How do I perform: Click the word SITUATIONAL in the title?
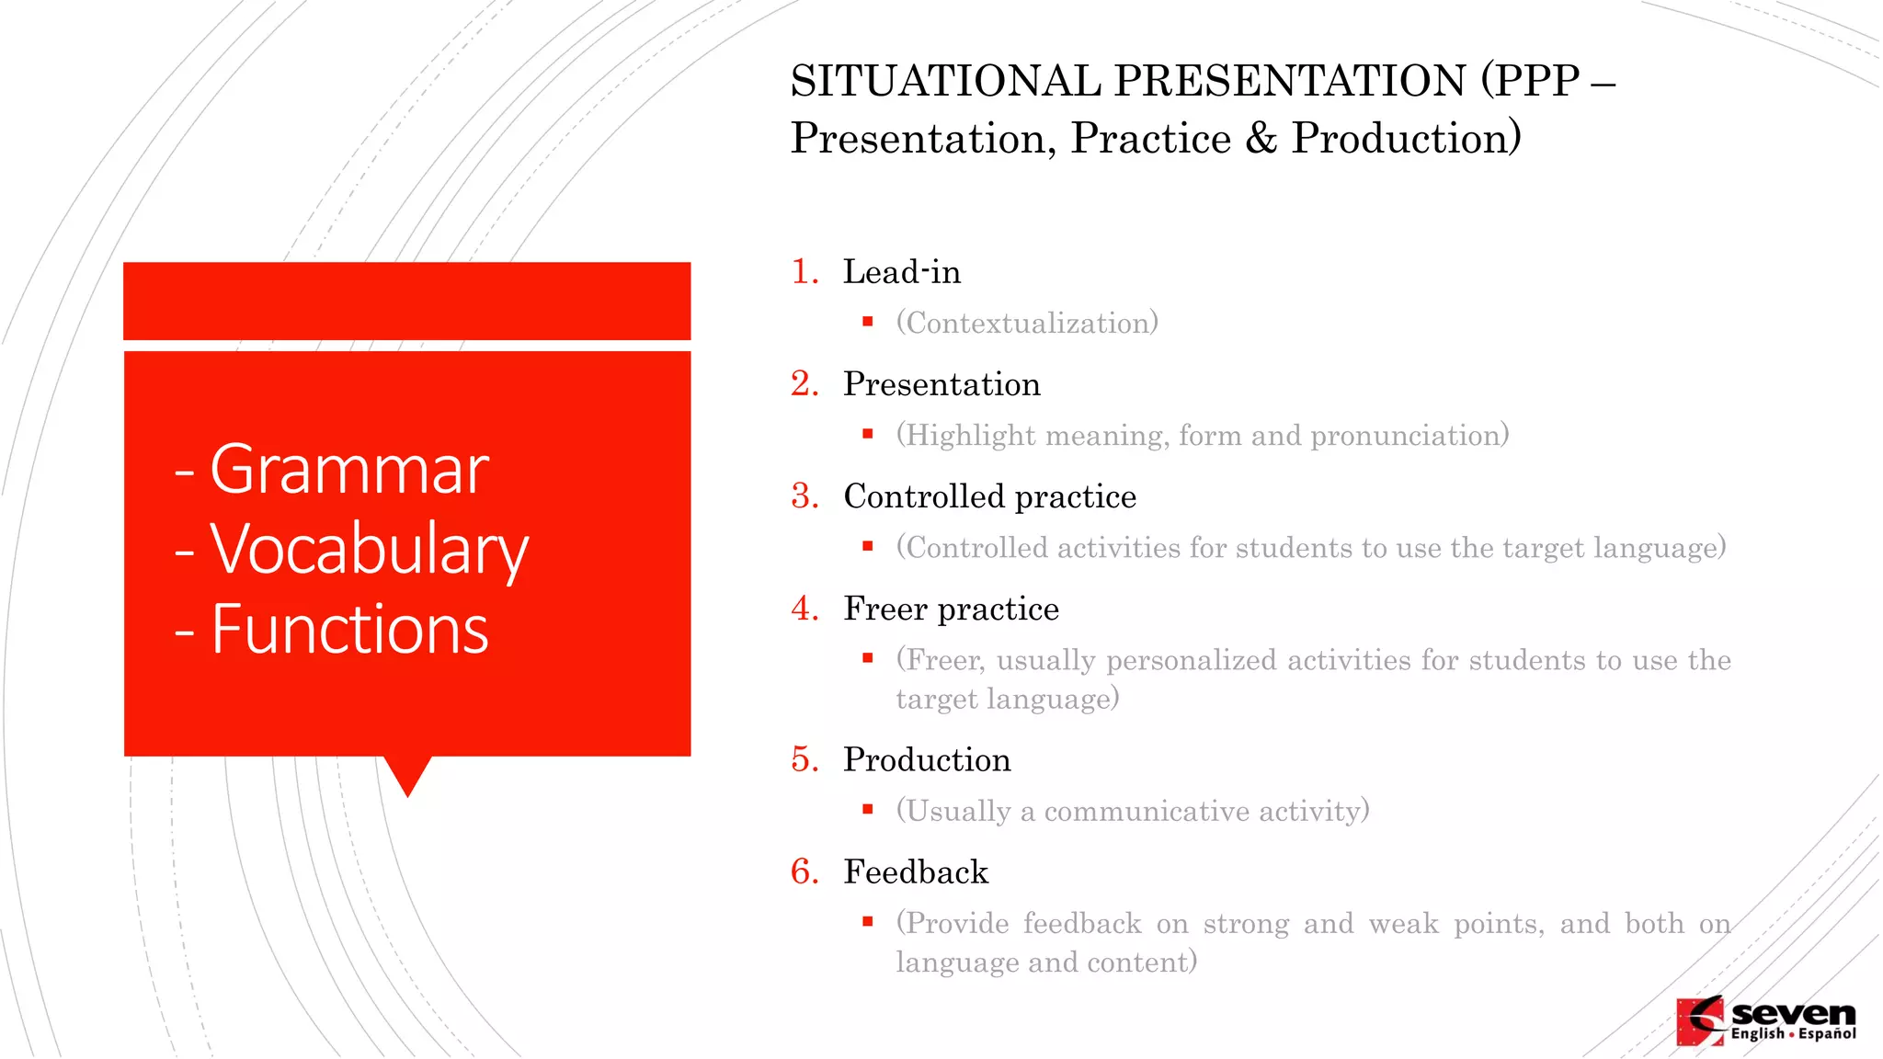coord(945,81)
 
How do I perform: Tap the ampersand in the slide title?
coord(1261,139)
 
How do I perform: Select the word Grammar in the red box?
coord(349,471)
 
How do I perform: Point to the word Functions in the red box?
coord(349,631)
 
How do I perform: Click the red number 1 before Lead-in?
coord(804,272)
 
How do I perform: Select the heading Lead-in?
coord(901,272)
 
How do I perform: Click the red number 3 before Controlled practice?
coord(804,496)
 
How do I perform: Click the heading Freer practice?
coord(951,609)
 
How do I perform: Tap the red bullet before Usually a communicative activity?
coord(867,810)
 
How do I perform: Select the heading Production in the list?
coord(927,760)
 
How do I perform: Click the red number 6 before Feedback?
coord(804,872)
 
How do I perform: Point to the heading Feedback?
coord(916,872)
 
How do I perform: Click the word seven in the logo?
coord(1793,1014)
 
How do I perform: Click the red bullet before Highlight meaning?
coord(867,434)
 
